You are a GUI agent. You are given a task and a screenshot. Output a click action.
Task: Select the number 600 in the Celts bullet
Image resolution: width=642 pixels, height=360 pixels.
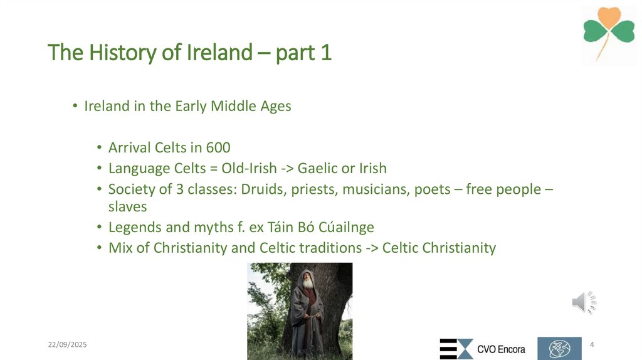[x=218, y=148]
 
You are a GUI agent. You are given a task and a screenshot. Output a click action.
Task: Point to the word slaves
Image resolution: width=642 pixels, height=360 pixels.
[x=127, y=206]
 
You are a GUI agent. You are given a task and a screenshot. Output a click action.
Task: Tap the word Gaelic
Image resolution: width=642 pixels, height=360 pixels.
[x=318, y=168]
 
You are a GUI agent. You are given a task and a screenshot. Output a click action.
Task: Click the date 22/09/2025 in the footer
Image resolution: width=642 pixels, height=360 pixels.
[x=68, y=345]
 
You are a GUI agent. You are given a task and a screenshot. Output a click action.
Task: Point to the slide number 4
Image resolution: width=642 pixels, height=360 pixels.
[x=592, y=345]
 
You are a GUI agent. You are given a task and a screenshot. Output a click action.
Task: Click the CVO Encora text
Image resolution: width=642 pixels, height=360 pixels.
[x=501, y=349]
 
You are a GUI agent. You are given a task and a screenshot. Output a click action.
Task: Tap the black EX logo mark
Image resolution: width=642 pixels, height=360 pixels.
[x=456, y=349]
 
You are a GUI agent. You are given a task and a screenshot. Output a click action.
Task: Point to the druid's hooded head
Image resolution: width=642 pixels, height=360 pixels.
[x=306, y=276]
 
